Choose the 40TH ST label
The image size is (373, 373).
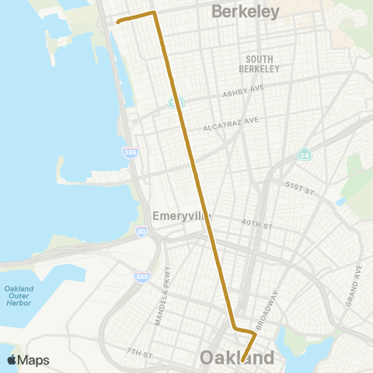pos(256,225)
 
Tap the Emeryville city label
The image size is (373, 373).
pos(182,216)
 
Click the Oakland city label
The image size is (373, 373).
pos(237,358)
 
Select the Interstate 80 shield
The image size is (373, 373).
pos(141,232)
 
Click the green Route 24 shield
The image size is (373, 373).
pos(304,155)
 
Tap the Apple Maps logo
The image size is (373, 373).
pos(28,361)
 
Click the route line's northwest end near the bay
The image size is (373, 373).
pos(117,23)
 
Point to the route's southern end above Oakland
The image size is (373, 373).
pos(242,361)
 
